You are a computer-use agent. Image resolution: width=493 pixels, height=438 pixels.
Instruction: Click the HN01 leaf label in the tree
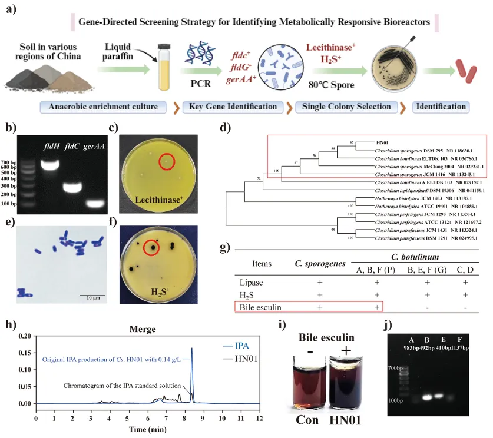(x=383, y=143)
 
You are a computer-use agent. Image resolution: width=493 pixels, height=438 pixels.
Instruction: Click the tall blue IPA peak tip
(x=191, y=349)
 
